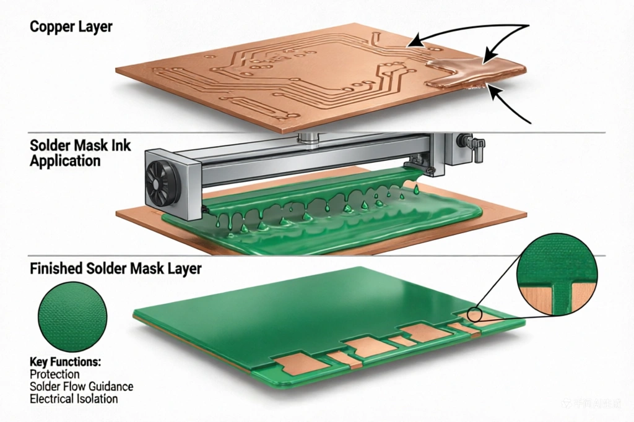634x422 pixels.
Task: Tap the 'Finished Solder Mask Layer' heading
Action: click(115, 269)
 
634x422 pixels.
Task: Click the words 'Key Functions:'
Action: click(65, 361)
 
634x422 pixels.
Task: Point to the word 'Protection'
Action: click(54, 374)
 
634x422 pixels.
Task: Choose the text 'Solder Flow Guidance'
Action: click(81, 386)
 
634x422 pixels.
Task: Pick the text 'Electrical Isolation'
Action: click(74, 398)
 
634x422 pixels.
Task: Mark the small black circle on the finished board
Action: click(475, 314)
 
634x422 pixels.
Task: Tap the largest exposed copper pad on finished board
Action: click(368, 347)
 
